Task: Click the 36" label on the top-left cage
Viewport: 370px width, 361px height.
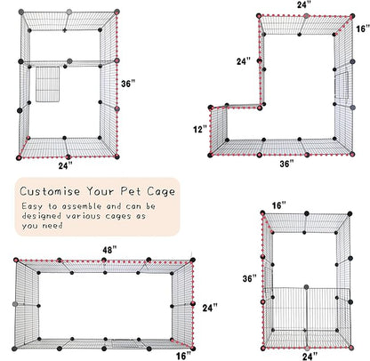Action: tap(128, 84)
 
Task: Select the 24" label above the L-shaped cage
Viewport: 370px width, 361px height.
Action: tap(304, 4)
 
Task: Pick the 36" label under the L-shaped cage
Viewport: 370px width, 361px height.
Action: tap(285, 164)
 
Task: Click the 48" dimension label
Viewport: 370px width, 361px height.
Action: tap(109, 251)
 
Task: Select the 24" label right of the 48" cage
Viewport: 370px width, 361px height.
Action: tap(207, 308)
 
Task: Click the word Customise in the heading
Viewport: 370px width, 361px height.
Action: tap(51, 191)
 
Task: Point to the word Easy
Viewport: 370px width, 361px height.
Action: tap(34, 207)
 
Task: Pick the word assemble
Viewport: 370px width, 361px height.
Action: tap(81, 207)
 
